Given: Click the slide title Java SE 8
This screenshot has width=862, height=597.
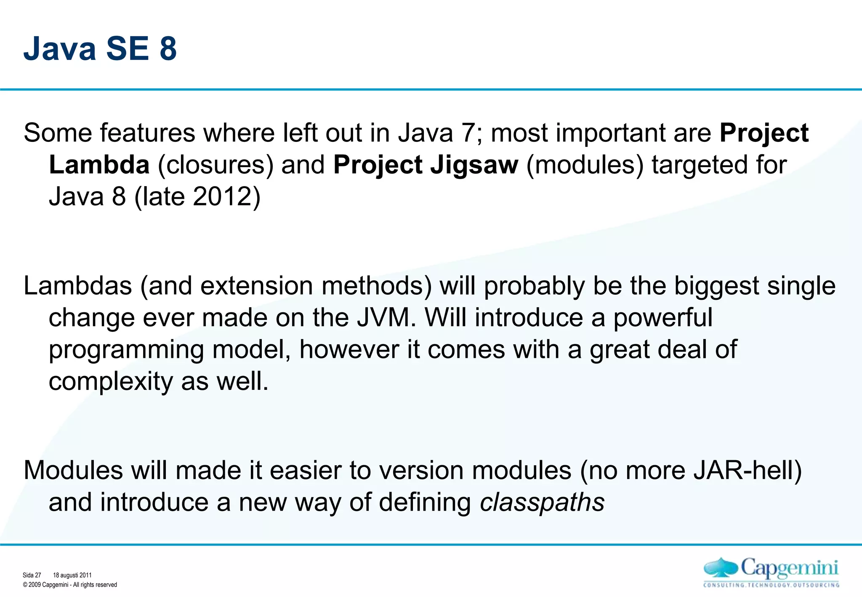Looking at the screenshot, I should pyautogui.click(x=100, y=48).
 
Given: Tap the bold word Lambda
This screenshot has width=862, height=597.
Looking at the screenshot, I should pyautogui.click(x=99, y=165).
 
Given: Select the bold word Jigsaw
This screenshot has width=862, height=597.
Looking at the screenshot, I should pyautogui.click(x=474, y=165).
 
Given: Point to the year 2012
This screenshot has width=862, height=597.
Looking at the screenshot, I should pyautogui.click(x=223, y=197).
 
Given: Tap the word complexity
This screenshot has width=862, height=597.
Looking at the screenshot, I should pyautogui.click(x=111, y=381).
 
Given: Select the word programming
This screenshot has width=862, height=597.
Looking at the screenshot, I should pyautogui.click(x=126, y=350).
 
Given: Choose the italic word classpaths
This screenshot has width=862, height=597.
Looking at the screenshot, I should pyautogui.click(x=542, y=502).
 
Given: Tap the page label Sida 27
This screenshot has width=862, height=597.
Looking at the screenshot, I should pyautogui.click(x=32, y=575).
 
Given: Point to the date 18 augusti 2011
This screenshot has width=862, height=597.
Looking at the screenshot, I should pyautogui.click(x=72, y=575).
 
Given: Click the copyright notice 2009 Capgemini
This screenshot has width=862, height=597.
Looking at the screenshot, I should pyautogui.click(x=70, y=585).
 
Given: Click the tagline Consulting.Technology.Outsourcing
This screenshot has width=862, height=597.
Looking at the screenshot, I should pyautogui.click(x=771, y=585).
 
